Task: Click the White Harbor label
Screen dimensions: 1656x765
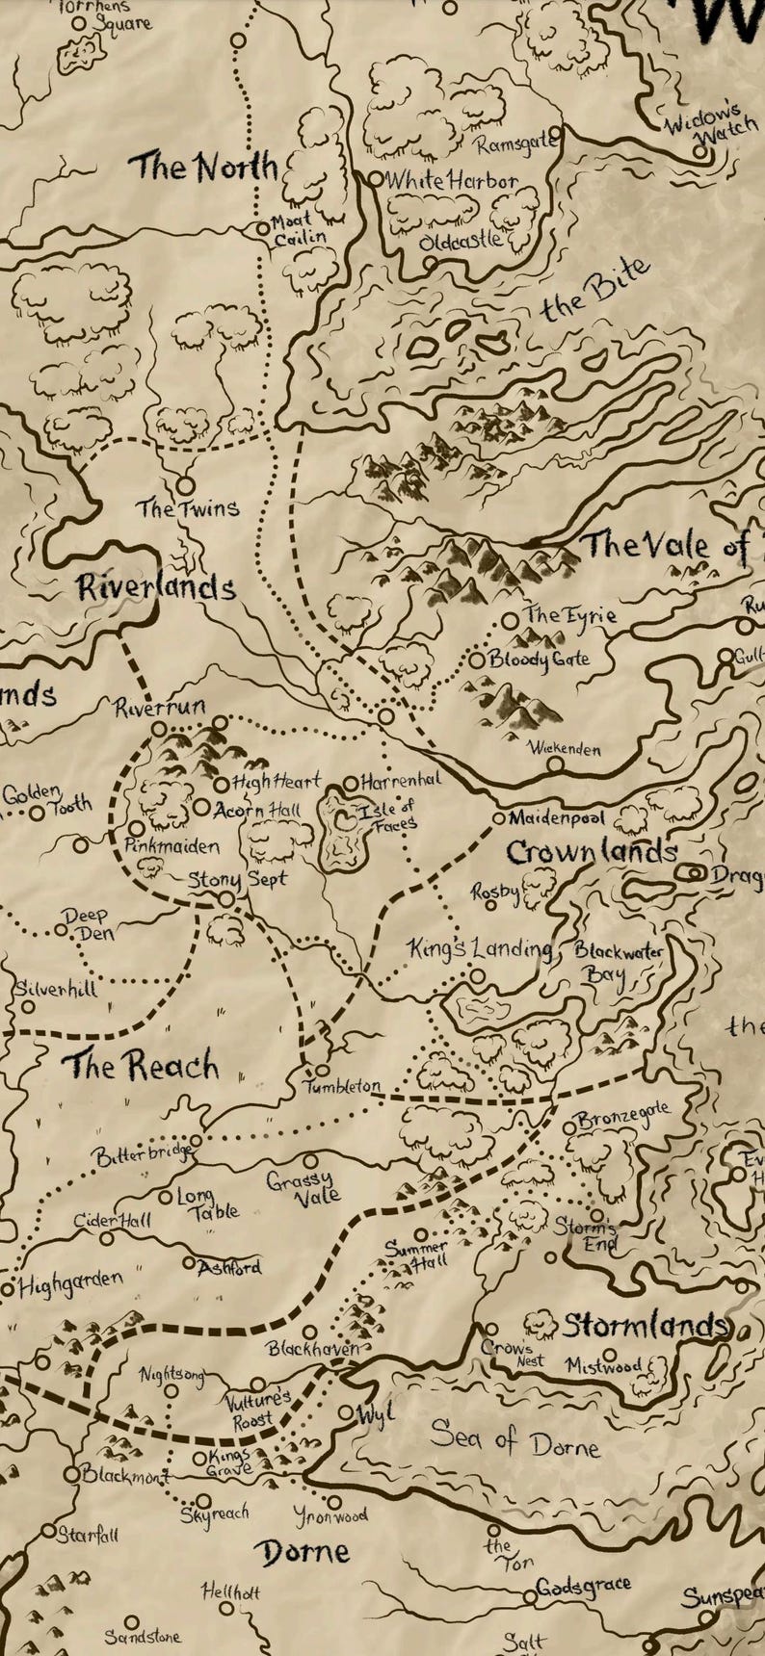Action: [451, 180]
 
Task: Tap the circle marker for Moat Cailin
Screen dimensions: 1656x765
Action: [262, 229]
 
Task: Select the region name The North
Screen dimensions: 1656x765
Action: [204, 167]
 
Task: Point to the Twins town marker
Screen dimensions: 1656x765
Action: [184, 486]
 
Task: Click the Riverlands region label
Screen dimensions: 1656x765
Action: [156, 586]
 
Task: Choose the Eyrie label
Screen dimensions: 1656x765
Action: [569, 614]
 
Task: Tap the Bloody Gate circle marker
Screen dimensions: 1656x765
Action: [476, 660]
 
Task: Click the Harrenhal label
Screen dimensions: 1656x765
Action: [400, 783]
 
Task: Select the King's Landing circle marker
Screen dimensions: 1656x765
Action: [477, 976]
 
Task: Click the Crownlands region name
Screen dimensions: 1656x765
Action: [591, 852]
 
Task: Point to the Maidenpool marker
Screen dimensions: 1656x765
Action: [499, 818]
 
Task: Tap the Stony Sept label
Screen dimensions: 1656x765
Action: [237, 879]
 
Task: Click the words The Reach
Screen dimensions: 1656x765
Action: [141, 1066]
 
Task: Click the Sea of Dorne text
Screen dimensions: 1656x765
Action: [514, 1440]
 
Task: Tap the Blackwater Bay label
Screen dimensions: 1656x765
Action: [618, 962]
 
